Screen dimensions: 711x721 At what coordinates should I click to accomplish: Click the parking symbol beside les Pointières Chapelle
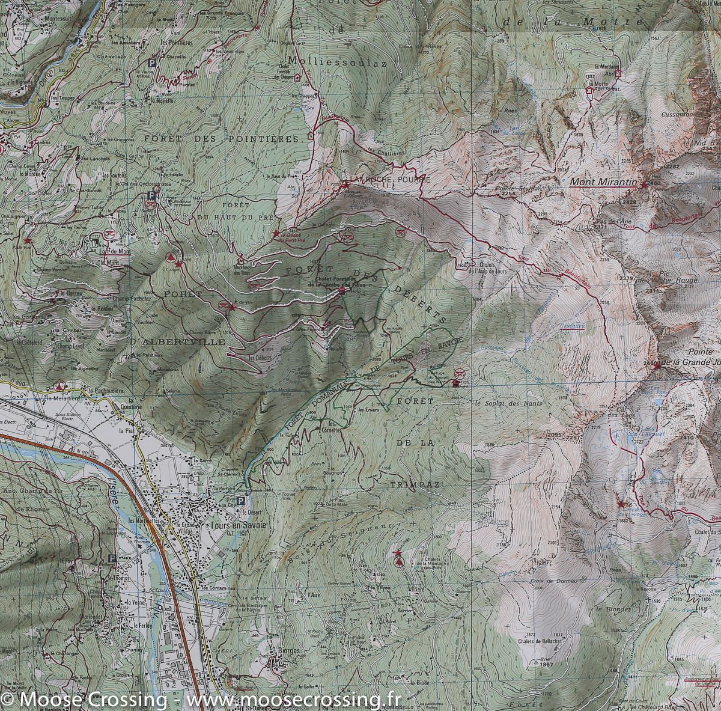click(x=152, y=62)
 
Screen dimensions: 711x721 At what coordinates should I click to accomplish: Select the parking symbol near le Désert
click(x=241, y=501)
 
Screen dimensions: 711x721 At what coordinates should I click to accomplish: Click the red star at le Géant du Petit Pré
click(x=276, y=233)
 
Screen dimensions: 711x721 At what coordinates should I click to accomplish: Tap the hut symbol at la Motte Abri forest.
click(x=589, y=91)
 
